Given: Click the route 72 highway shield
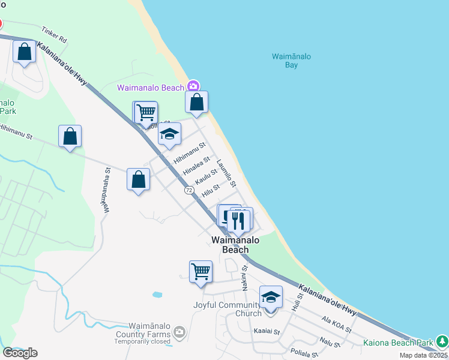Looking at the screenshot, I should [x=189, y=190].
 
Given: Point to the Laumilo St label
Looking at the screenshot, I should [x=227, y=172].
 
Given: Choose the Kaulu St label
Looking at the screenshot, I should [x=206, y=176].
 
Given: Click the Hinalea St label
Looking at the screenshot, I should [x=196, y=165].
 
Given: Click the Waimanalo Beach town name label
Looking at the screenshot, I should [x=235, y=245].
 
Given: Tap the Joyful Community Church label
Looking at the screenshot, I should [x=228, y=308].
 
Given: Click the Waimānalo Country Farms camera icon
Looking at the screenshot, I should [x=179, y=331].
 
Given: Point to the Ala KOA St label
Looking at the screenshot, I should [x=336, y=326].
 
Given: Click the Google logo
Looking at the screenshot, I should [x=20, y=353].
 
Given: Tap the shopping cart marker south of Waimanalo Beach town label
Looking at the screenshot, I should [x=200, y=271].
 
